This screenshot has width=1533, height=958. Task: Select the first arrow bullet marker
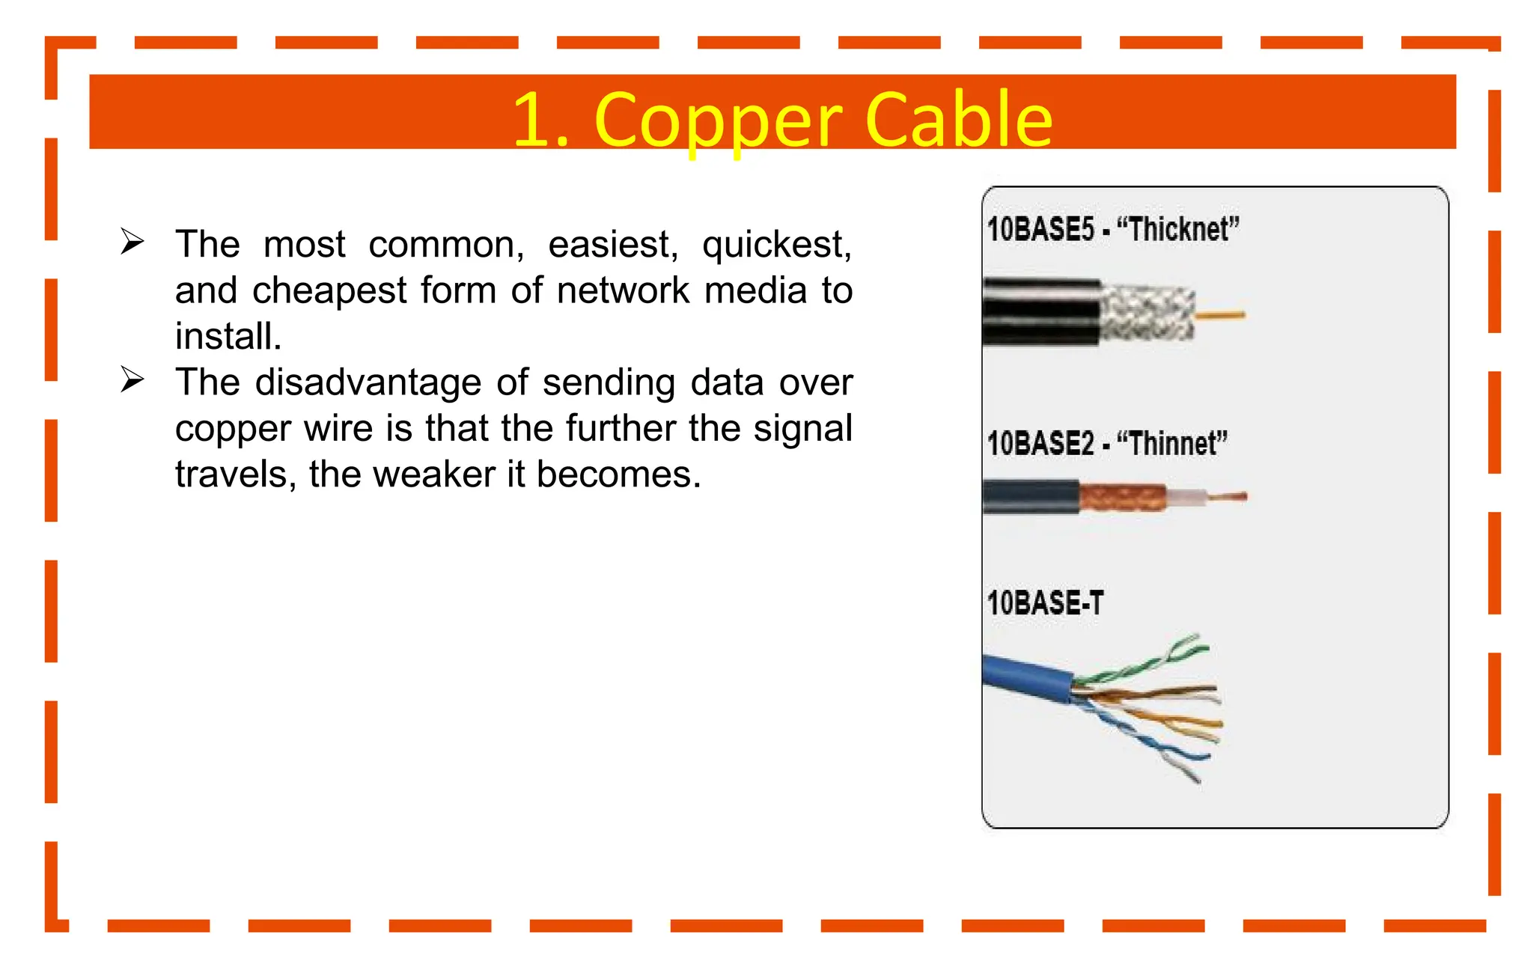point(132,242)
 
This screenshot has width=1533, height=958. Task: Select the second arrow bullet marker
point(132,379)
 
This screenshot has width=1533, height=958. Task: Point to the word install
point(228,336)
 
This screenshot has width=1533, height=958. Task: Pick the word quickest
point(776,245)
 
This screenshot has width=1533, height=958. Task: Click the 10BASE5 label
point(1040,229)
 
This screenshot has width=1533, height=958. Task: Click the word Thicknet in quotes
point(1178,229)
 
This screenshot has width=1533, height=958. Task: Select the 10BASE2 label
point(1040,443)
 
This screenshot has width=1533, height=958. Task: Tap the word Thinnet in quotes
point(1172,443)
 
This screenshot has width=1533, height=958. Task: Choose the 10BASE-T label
point(1045,603)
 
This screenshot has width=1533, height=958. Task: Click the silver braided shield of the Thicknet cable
point(1147,314)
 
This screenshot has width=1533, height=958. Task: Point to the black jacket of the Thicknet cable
point(1040,312)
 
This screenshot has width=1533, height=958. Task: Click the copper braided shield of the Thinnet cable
point(1121,497)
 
